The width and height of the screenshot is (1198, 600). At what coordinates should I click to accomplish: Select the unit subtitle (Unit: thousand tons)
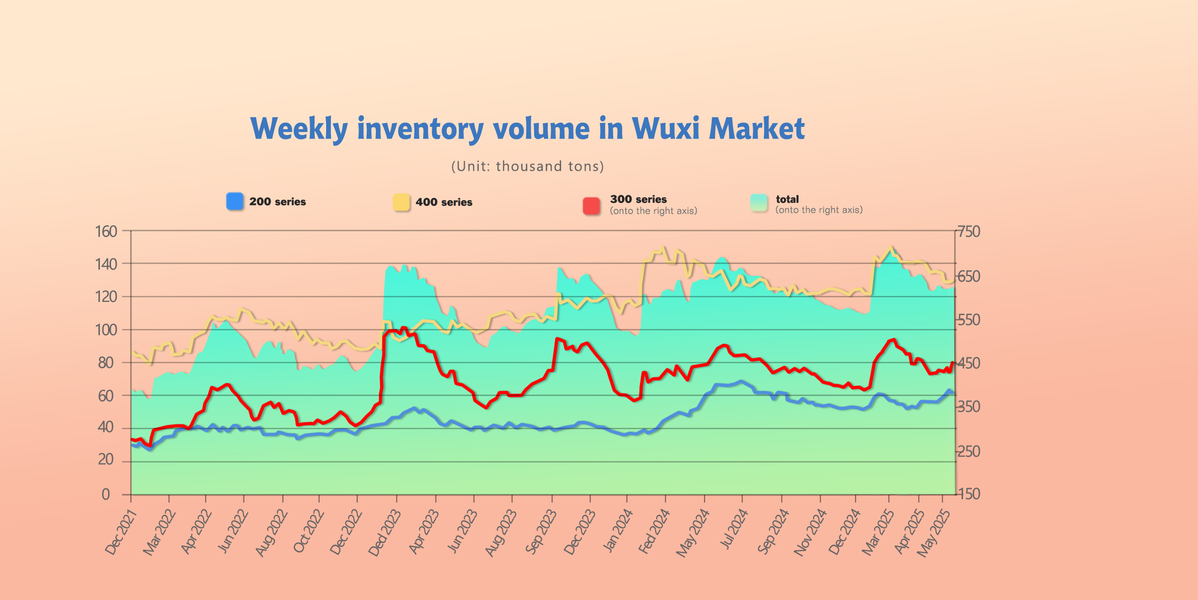click(527, 166)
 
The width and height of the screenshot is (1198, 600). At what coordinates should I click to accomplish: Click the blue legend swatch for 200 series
click(235, 201)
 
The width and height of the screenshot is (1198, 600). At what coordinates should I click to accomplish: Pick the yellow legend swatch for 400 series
click(401, 202)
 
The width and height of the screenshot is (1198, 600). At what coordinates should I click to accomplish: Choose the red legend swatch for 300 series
click(592, 206)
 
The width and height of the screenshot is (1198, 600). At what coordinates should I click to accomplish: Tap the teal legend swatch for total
click(759, 203)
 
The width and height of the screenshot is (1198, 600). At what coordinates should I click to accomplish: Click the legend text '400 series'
click(444, 202)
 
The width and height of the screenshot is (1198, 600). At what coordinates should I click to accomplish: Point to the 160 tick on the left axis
click(106, 232)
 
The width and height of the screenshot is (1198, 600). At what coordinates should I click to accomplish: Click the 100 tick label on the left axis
click(106, 330)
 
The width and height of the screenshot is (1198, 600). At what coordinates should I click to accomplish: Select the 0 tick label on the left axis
click(106, 494)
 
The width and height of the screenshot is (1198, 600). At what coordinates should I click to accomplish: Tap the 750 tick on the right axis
click(969, 232)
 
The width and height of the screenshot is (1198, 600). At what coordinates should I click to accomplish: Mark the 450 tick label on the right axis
click(969, 363)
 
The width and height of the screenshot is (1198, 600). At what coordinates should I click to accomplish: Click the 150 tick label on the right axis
click(969, 494)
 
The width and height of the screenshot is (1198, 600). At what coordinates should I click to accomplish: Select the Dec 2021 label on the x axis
click(121, 532)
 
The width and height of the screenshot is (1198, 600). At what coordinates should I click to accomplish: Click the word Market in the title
click(757, 129)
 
